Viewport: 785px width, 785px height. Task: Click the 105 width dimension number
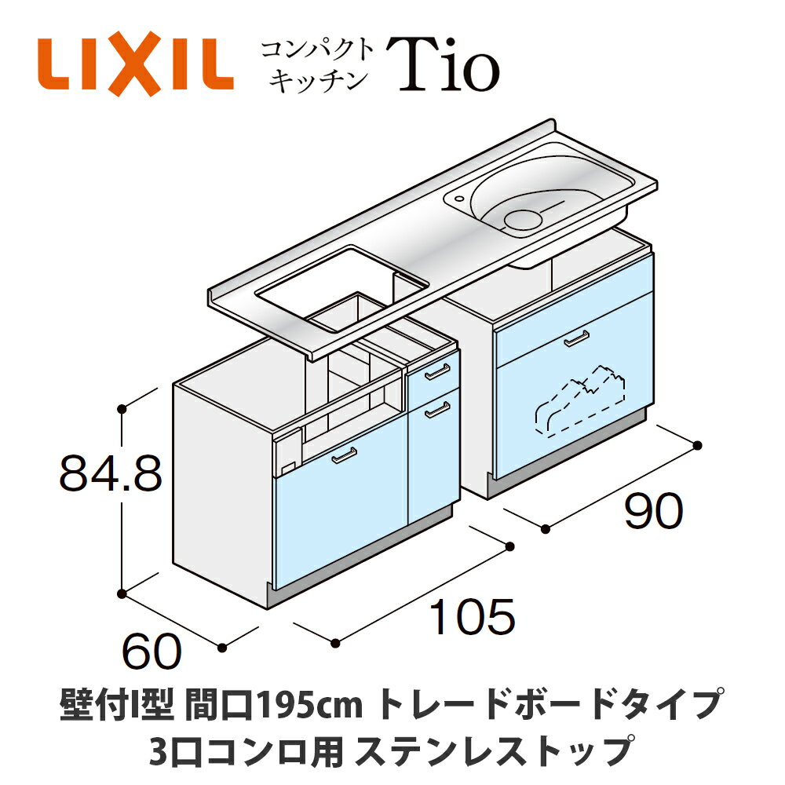(x=472, y=618)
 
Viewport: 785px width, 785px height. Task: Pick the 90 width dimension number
(x=654, y=513)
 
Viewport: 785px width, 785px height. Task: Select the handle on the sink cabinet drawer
(x=575, y=338)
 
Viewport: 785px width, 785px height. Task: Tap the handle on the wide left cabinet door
(x=343, y=455)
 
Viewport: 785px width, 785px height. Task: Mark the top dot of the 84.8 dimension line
(x=122, y=408)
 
